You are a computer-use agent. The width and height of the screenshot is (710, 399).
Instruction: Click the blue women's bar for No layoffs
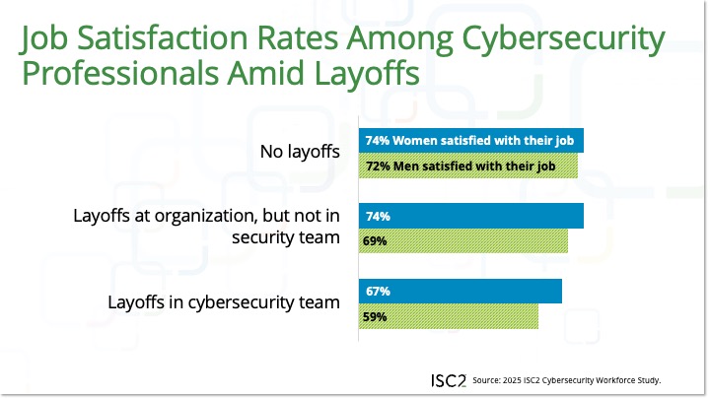pos(470,140)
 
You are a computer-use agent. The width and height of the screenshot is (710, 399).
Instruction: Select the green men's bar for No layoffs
pos(467,166)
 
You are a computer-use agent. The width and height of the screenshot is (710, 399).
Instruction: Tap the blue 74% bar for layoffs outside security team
pos(470,216)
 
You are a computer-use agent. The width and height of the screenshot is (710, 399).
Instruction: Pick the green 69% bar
pos(462,240)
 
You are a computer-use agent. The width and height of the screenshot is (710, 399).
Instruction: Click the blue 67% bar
pos(460,292)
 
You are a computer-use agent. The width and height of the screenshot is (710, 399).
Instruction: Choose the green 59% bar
pos(448,317)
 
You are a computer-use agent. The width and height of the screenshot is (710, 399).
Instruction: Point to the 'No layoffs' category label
pos(299,153)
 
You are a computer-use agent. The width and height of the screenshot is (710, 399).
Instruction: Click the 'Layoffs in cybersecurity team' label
pos(224,302)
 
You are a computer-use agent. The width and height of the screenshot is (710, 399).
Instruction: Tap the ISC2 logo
pos(449,379)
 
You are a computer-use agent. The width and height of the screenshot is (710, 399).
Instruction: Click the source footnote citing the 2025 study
pos(566,380)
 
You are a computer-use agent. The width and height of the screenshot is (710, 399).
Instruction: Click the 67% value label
pos(378,292)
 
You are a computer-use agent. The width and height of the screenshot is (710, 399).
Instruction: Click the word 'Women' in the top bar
pos(413,140)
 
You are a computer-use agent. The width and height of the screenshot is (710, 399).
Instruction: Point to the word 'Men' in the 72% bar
pos(406,166)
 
